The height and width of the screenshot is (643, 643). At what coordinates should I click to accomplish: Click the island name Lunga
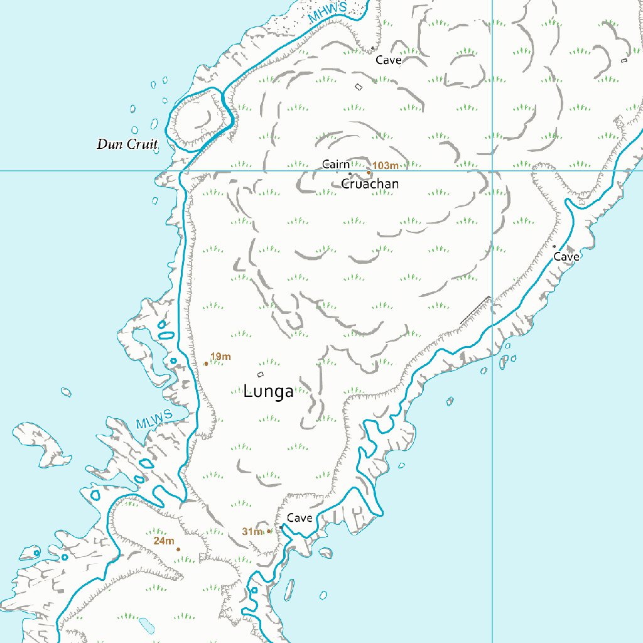point(268,392)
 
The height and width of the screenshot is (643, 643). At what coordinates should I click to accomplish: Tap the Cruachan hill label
point(370,184)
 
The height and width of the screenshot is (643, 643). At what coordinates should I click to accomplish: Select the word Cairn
point(335,165)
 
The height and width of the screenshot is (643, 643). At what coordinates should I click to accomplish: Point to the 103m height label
point(386,165)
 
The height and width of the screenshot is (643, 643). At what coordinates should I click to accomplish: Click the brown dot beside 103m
point(369,171)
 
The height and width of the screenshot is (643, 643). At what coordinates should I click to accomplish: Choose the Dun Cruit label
point(127,144)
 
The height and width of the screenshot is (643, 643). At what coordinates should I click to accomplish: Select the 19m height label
point(221,357)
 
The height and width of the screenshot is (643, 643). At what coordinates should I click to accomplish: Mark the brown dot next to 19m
point(206,364)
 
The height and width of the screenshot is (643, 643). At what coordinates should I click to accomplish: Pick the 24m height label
point(163,540)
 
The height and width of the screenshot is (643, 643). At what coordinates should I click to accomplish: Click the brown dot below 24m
point(178,549)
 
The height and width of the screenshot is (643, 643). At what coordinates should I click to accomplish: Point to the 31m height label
point(252,532)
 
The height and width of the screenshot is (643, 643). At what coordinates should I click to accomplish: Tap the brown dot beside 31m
point(269,531)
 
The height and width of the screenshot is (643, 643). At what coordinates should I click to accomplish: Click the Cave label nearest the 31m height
point(300,518)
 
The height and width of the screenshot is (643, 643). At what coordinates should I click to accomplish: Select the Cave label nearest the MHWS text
point(388,60)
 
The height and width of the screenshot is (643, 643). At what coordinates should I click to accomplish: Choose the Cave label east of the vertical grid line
point(566,257)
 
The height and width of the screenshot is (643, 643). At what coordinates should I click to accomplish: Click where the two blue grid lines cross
point(492,170)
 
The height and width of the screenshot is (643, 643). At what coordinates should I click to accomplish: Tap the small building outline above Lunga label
point(261,375)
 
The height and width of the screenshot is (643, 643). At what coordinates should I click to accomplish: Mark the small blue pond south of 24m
point(146,624)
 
